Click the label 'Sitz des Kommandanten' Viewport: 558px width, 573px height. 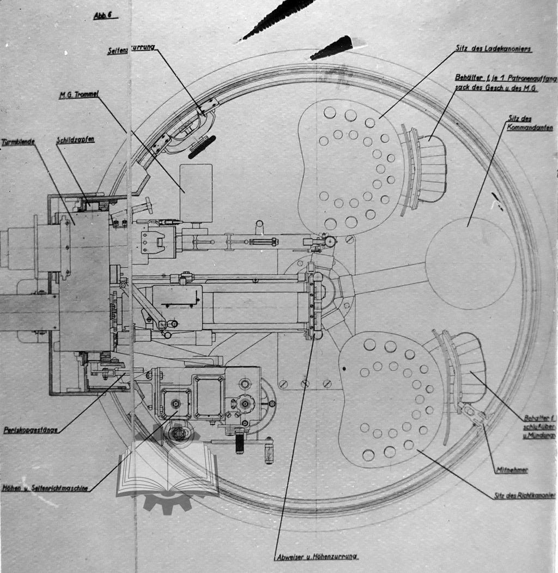pos(530,123)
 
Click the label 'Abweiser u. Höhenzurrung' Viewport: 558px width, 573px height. pos(317,557)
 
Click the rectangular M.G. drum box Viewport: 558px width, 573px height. pos(196,193)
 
